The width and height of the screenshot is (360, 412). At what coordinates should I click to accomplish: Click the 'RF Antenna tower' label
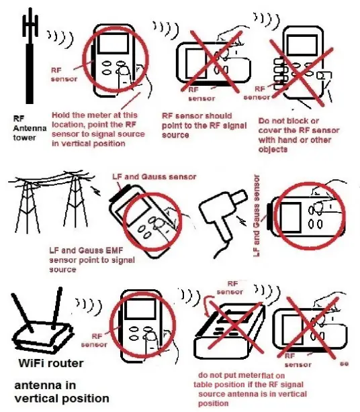pyautogui.click(x=25, y=128)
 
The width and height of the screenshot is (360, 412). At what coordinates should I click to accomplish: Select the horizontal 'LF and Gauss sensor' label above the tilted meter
pyautogui.click(x=154, y=176)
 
